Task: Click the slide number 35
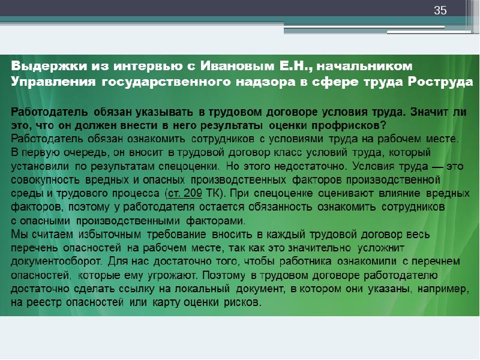[x=440, y=10]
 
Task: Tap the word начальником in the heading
[x=364, y=66]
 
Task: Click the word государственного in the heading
[x=166, y=82]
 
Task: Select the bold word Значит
[x=429, y=112]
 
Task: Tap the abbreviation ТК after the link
[x=213, y=193]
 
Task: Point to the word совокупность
[x=45, y=180]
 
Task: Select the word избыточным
[x=110, y=235]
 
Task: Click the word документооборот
[x=56, y=262]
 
